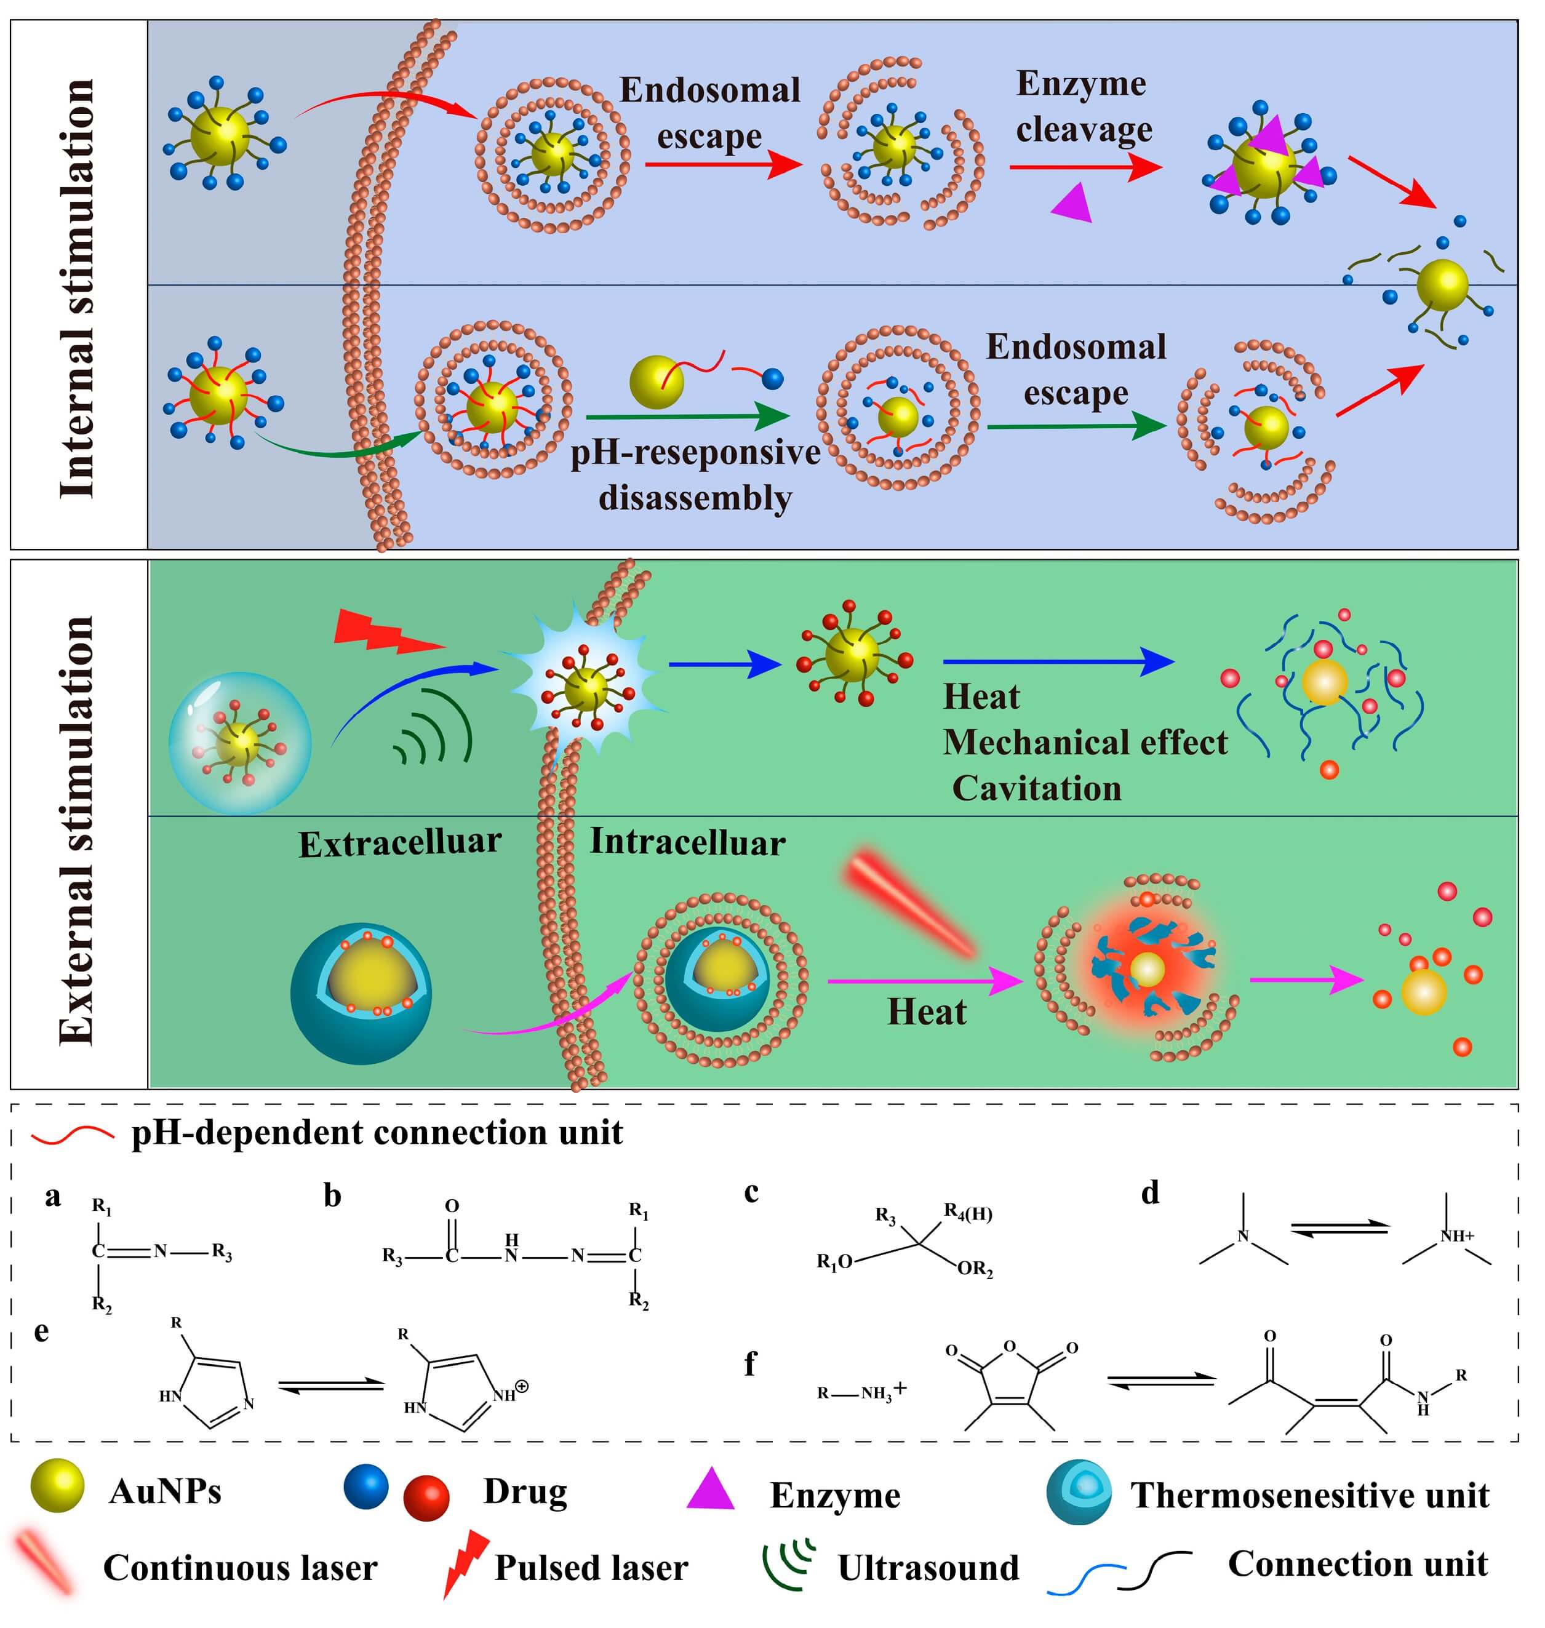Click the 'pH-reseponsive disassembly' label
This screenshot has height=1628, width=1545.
(x=695, y=475)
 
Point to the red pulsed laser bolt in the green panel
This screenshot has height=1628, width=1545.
(x=386, y=632)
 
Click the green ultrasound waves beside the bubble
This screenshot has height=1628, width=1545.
(x=434, y=725)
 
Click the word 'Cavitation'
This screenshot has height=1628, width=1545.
(x=1036, y=789)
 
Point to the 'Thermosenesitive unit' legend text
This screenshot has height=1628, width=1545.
(x=1309, y=1494)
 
